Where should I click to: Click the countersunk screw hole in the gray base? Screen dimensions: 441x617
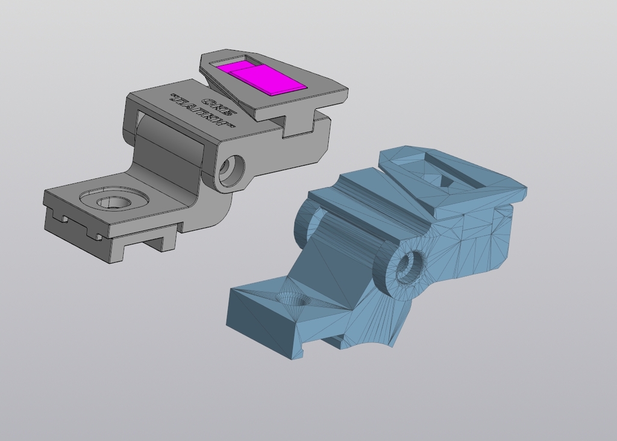(113, 202)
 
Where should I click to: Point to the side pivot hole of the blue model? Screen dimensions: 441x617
(410, 265)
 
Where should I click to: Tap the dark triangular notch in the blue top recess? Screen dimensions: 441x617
(446, 180)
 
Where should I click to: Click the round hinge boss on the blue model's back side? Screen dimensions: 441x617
(307, 222)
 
